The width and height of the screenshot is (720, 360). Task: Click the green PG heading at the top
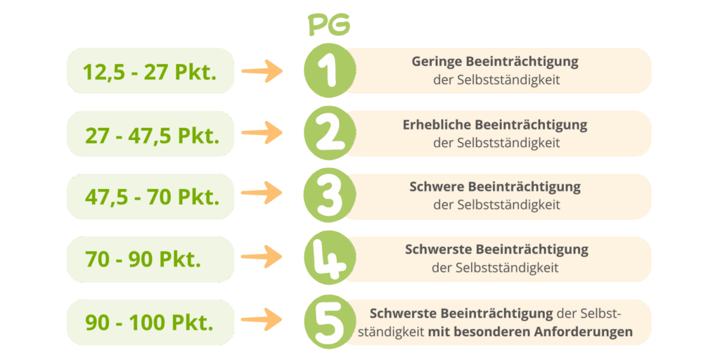click(329, 26)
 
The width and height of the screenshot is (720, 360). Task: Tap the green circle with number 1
click(329, 71)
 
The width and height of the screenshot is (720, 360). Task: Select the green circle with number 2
click(329, 134)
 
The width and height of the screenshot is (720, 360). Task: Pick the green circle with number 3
click(329, 196)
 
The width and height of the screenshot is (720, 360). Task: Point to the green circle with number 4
click(329, 259)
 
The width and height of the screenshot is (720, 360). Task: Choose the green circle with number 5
click(329, 322)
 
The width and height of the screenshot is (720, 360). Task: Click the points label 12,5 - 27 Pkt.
click(149, 72)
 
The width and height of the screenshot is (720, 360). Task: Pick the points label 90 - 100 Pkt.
click(149, 323)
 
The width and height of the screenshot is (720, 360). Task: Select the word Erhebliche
click(437, 125)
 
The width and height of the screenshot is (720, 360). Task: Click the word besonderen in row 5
click(489, 331)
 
